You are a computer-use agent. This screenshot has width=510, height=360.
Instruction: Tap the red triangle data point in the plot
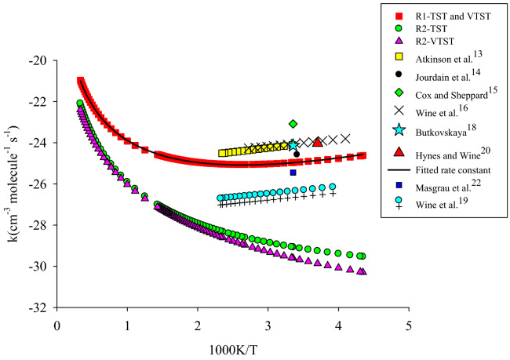pos(317,142)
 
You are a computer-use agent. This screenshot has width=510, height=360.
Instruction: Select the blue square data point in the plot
pos(293,173)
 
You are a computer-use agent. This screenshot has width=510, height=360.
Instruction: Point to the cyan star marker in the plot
pos(293,145)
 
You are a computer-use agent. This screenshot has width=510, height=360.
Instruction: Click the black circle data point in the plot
pos(296,154)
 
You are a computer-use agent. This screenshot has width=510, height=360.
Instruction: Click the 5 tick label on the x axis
pos(409,324)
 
